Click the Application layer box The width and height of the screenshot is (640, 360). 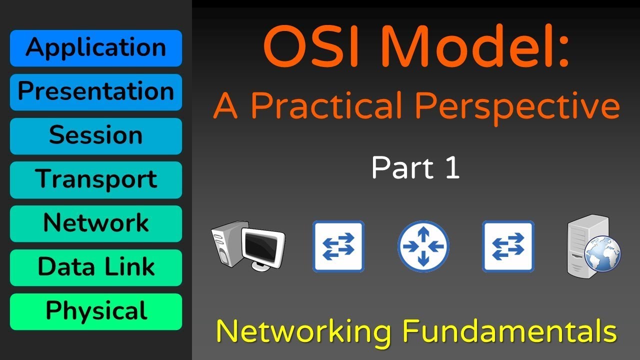[96, 48]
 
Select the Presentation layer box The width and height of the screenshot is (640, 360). [96, 92]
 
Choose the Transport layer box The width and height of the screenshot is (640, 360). [96, 179]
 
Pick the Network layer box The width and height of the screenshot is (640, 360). [96, 223]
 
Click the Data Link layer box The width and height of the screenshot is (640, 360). [96, 267]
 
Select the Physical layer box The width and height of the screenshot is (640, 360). [96, 311]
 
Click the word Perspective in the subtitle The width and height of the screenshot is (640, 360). [518, 106]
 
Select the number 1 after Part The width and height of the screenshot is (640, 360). [450, 168]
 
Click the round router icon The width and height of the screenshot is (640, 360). [423, 246]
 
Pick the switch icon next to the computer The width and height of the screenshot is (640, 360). [338, 246]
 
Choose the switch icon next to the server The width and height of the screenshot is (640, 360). [508, 246]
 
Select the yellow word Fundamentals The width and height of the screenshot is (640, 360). [510, 331]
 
